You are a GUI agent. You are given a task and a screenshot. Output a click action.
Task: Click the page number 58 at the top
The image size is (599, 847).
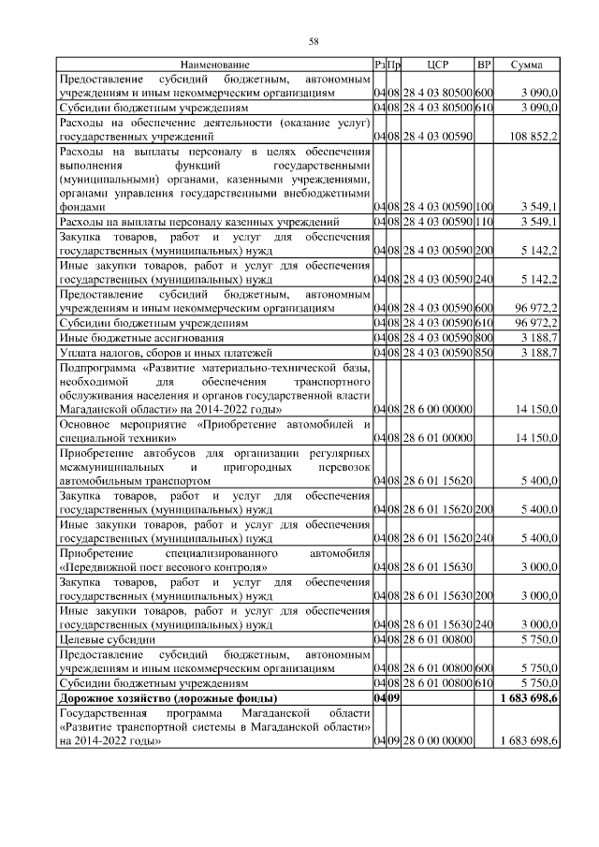(x=314, y=41)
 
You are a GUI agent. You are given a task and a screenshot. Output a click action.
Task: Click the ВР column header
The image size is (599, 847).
(x=484, y=65)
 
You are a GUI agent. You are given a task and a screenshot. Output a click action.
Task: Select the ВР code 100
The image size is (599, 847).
(x=484, y=206)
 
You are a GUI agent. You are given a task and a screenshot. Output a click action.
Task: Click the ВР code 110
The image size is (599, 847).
(x=484, y=222)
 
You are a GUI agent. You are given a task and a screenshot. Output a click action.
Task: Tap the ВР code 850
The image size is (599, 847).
(x=484, y=353)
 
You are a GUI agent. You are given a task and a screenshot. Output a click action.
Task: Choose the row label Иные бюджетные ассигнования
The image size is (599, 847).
(x=141, y=337)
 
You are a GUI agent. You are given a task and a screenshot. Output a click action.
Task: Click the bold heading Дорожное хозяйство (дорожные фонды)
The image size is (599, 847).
(x=168, y=698)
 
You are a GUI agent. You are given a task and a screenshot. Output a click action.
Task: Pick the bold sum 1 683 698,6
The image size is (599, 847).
(x=530, y=698)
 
